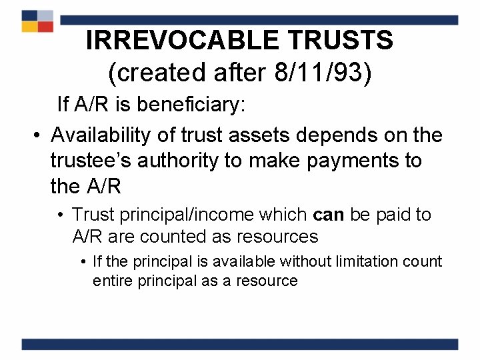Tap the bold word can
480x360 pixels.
[x=327, y=215]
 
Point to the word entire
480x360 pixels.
[x=113, y=280]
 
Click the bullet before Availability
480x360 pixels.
[x=39, y=135]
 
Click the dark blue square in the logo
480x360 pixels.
[x=29, y=15]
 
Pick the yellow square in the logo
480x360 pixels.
[x=29, y=27]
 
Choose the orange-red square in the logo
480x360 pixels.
[x=45, y=27]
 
